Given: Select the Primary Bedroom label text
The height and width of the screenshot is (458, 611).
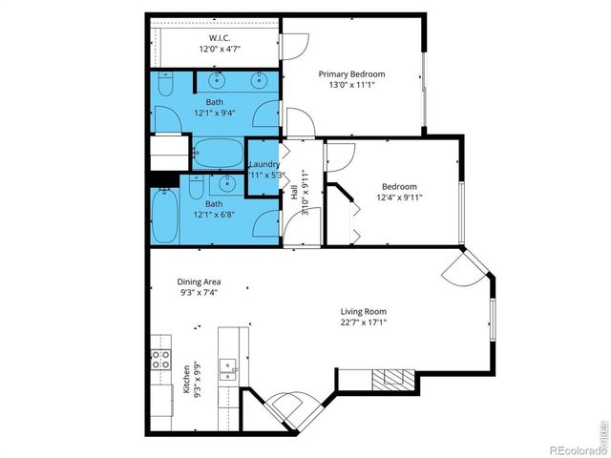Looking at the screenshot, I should click(350, 74).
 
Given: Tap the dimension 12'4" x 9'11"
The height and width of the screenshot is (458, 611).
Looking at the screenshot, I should click(399, 198).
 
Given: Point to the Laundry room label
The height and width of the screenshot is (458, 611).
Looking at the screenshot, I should click(263, 164).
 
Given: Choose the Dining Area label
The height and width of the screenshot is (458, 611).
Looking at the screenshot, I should click(199, 281).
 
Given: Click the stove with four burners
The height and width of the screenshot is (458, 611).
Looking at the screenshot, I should click(159, 361).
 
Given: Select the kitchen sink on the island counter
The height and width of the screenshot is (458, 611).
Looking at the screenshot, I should click(227, 368).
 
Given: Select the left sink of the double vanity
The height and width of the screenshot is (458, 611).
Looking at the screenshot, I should click(218, 79).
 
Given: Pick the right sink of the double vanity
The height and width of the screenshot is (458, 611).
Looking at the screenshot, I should click(259, 79).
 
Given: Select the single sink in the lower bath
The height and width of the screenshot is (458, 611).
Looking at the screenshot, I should click(226, 183).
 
